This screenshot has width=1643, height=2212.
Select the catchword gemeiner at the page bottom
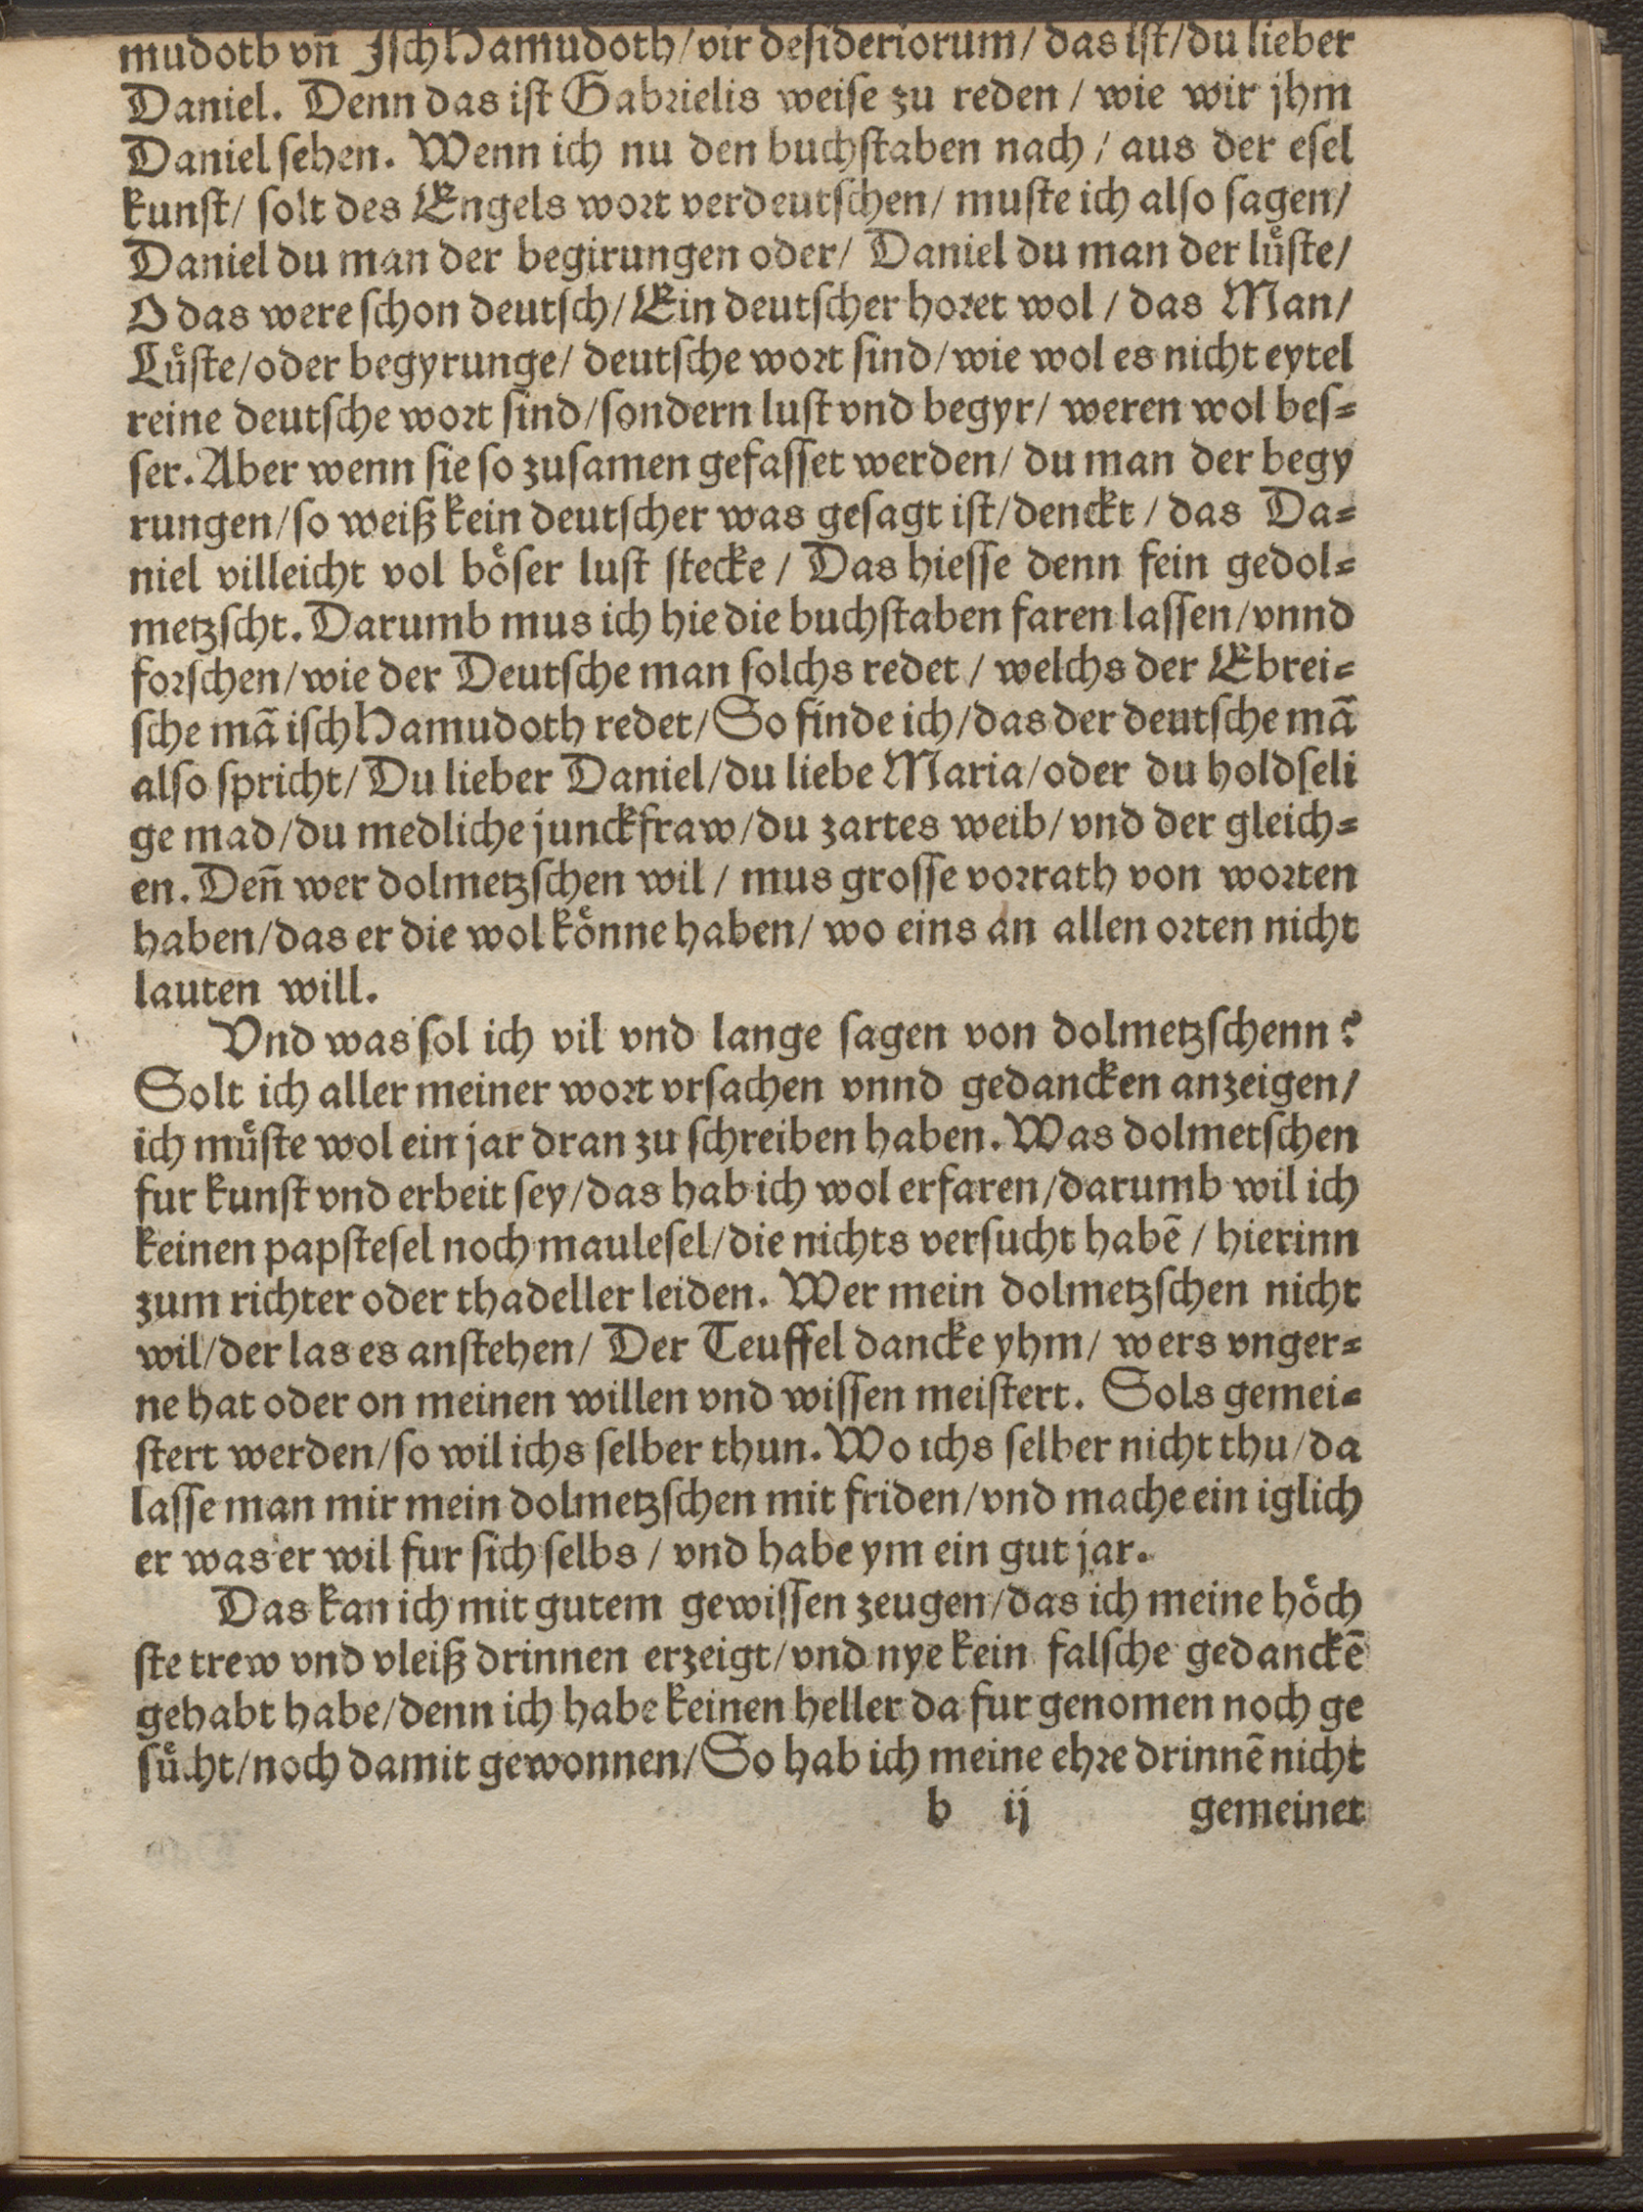coord(1276,1817)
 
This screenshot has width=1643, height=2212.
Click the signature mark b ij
coord(981,1815)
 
